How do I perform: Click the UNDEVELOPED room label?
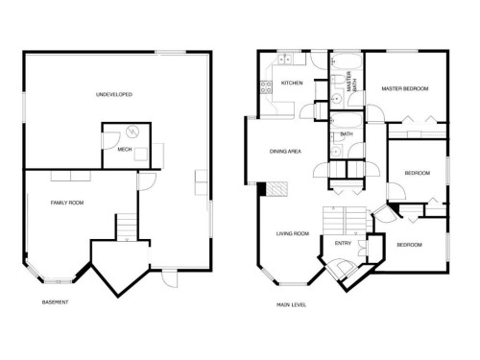114,95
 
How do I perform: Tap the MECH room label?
124,149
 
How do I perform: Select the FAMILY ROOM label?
67,203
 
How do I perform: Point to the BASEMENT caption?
56,303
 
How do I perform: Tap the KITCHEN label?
292,84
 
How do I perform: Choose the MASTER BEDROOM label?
404,89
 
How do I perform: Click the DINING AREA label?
286,151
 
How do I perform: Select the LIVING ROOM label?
292,232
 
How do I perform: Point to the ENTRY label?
342,244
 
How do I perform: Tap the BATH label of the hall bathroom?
347,134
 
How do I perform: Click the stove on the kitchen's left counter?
263,89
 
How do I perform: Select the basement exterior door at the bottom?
169,279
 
